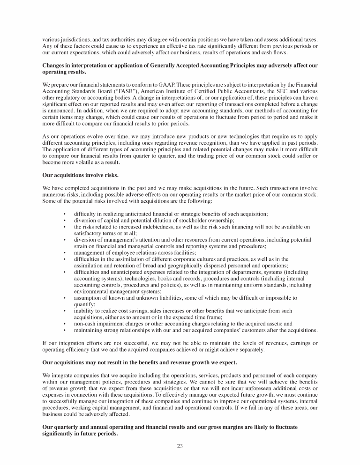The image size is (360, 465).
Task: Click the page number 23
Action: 180,446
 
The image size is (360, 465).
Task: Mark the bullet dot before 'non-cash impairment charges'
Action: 64,323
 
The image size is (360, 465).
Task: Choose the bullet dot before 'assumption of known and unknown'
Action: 64,297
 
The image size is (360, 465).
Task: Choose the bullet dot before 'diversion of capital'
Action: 64,220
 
